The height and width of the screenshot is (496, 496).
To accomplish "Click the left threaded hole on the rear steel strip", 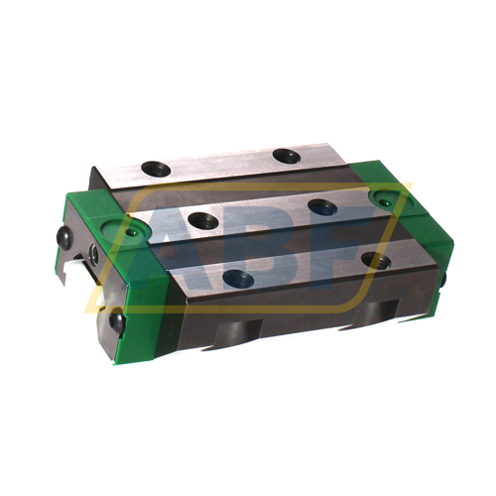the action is pos(156,168).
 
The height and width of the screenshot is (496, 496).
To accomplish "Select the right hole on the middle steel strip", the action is pos(322,206).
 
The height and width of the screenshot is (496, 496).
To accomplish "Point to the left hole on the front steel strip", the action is pos(238,278).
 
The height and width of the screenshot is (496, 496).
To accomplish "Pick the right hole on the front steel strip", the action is pos(377,260).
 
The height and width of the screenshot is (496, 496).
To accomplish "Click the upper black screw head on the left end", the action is pos(65,237).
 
